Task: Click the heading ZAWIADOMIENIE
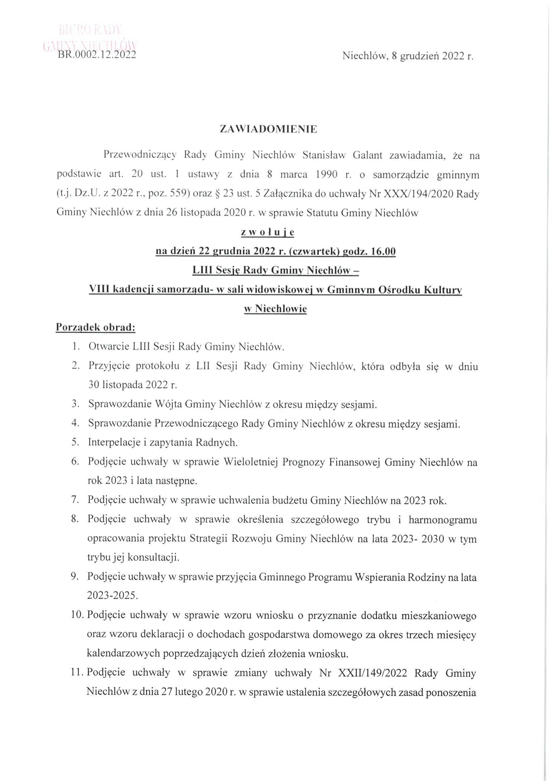[268, 129]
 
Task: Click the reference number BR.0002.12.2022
[97, 55]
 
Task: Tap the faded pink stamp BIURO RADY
[90, 30]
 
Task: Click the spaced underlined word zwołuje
[267, 233]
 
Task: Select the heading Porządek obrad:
[96, 327]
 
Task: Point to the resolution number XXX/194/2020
[418, 194]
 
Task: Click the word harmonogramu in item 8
[442, 520]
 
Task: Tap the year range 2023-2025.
[112, 596]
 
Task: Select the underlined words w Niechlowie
[275, 309]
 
